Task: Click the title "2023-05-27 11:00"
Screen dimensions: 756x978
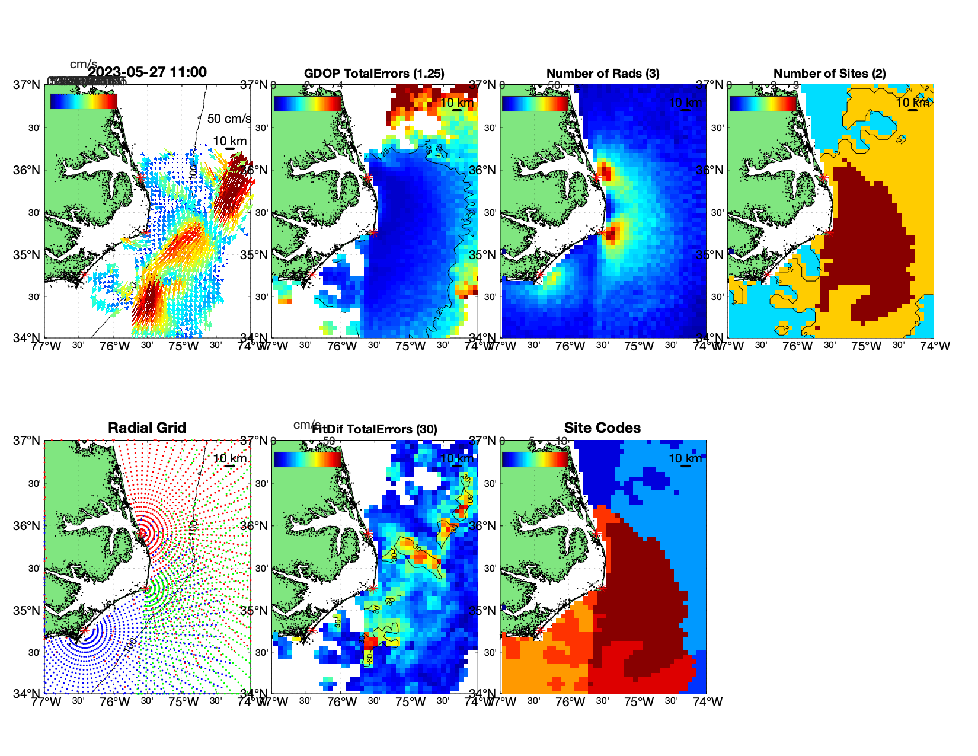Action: coord(147,72)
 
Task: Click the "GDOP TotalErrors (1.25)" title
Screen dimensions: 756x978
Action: coord(374,74)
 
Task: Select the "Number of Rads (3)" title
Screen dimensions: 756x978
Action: coord(603,74)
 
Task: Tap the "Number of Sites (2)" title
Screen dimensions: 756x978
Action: coord(830,74)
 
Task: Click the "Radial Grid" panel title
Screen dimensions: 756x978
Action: coord(147,428)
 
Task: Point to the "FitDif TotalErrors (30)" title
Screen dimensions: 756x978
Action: coord(375,429)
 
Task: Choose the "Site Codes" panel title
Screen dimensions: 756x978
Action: coord(602,428)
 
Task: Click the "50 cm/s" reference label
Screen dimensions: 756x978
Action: coord(229,119)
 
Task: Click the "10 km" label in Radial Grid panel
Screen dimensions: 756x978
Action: coord(230,458)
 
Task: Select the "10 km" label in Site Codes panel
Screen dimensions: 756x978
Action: coord(685,458)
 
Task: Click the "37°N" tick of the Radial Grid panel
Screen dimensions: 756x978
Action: coord(27,441)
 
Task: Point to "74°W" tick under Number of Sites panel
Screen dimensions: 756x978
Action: coord(935,346)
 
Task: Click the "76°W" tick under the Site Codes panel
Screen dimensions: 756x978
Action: coord(570,702)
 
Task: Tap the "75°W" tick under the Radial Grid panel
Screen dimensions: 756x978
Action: coord(183,702)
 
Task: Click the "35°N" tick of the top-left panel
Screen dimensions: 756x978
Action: coord(27,255)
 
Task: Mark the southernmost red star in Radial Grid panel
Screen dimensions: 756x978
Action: coord(84,630)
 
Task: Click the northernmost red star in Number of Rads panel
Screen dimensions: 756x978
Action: coord(596,177)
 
